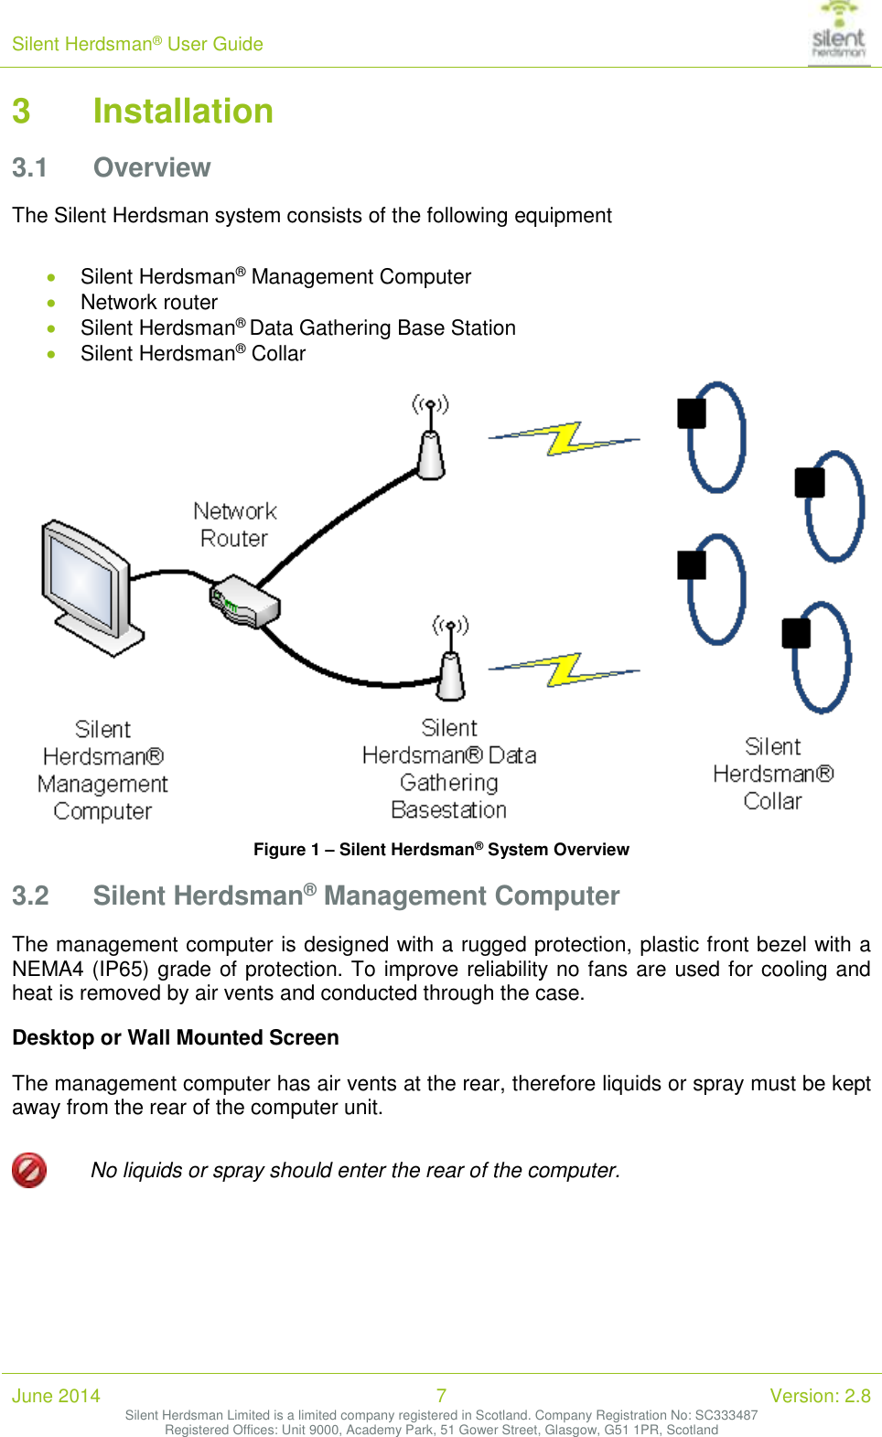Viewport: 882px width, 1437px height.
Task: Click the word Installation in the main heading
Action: pos(183,112)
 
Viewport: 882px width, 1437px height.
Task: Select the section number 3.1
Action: pos(29,168)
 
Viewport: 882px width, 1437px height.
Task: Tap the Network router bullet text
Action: pos(149,303)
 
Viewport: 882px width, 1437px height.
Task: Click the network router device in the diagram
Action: pos(244,602)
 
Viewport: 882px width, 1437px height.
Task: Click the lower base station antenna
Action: pos(450,663)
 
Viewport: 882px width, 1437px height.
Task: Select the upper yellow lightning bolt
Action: pos(565,439)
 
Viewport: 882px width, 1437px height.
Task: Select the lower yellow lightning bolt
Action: pos(565,670)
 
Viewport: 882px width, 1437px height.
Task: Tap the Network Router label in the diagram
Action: pos(235,525)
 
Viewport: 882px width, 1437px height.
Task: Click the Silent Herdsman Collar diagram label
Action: pos(773,774)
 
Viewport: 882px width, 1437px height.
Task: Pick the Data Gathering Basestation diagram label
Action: pos(449,769)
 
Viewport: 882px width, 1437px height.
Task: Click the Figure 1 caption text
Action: pos(441,850)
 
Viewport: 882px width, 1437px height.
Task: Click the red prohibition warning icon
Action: pos(29,1170)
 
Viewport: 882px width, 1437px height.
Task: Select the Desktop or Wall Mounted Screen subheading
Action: pos(176,1038)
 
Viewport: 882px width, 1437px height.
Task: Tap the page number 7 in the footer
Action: pos(441,1396)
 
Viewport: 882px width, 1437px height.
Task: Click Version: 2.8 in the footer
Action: pos(820,1396)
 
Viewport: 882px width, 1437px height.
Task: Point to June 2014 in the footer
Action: pos(56,1396)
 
